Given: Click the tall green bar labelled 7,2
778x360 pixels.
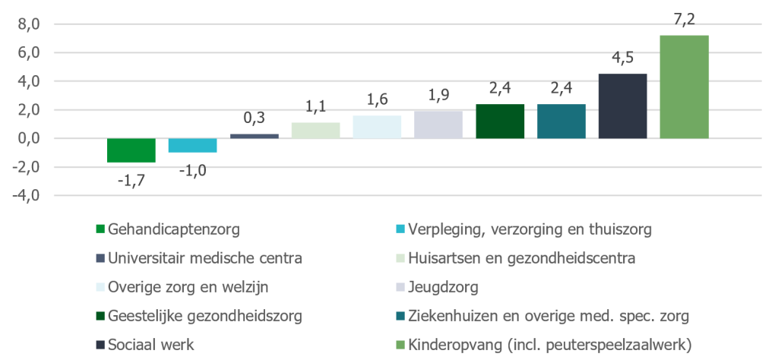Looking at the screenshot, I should tap(684, 87).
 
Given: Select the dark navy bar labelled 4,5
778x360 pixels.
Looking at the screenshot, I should tap(622, 106).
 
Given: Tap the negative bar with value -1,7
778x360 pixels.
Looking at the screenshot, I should tap(131, 150).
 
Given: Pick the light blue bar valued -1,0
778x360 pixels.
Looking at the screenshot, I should tap(192, 145).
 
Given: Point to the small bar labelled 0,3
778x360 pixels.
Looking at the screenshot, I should tap(254, 136).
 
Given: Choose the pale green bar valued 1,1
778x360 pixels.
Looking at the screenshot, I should tap(315, 131).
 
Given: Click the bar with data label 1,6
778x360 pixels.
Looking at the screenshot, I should tap(377, 127).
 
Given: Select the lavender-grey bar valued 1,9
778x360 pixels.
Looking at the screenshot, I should tap(438, 125).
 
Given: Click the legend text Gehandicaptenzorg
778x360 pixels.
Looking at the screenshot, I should tap(168, 229).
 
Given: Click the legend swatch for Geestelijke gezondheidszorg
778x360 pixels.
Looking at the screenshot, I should tap(100, 316).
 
